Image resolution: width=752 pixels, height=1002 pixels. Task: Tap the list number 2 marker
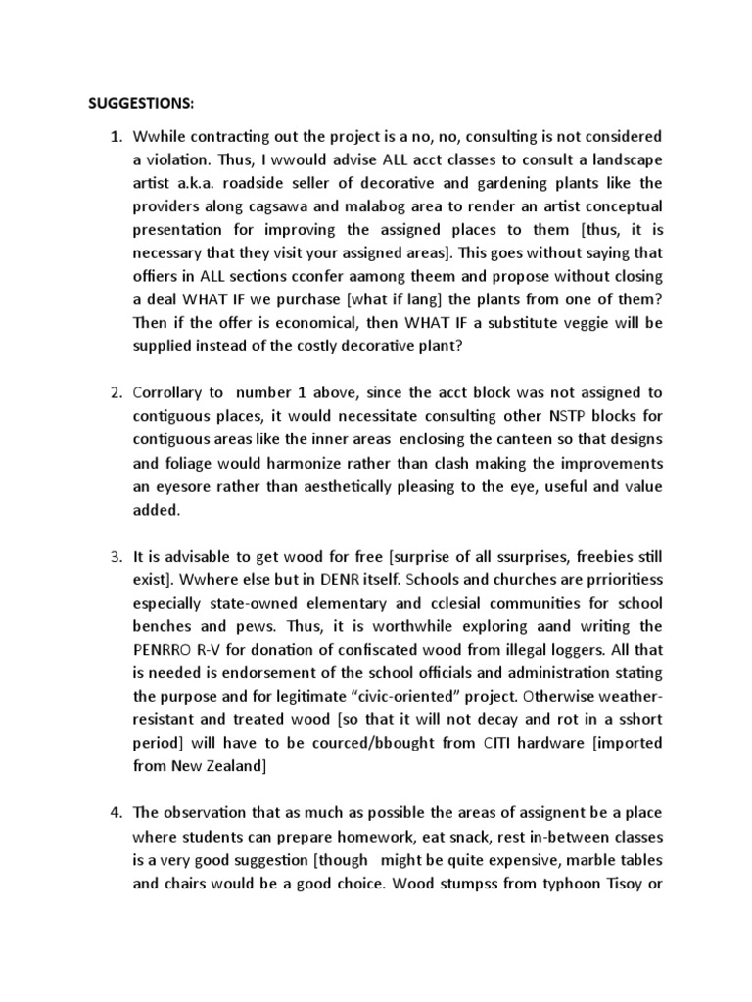115,393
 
